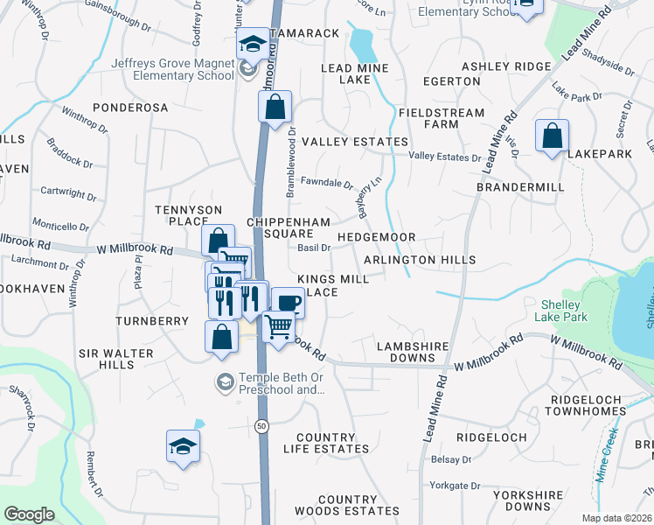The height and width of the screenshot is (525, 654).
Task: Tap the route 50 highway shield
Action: click(261, 426)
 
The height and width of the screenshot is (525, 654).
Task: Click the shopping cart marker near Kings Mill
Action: click(278, 327)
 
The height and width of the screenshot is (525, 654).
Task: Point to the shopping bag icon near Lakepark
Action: click(552, 136)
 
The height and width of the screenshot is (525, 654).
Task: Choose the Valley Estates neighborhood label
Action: click(354, 142)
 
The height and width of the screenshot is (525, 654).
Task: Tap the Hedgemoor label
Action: click(376, 238)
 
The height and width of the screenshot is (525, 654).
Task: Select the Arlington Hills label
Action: click(420, 260)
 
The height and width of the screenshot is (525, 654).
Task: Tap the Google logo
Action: click(29, 514)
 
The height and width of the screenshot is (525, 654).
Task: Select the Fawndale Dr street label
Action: click(325, 185)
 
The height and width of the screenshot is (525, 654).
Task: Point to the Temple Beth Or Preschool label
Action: click(275, 384)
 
